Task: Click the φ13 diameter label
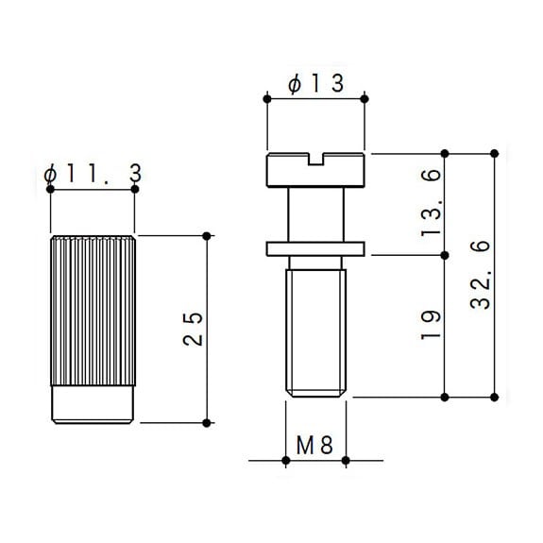pos(315,83)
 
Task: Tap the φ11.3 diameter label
pos(93,173)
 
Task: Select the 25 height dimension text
pos(193,329)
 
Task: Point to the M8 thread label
pos(314,445)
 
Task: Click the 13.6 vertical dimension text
pos(432,203)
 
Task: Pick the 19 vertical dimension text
pos(432,325)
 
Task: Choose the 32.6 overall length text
pos(481,275)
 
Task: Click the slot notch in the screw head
pos(315,159)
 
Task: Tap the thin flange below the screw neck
pos(315,249)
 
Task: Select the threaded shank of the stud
pos(315,332)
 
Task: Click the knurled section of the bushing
pos(93,311)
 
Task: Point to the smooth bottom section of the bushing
pos(93,404)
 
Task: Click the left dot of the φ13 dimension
pos(267,99)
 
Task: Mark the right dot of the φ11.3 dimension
pos(135,190)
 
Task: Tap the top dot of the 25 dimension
pos(207,236)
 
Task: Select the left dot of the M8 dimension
pos(286,461)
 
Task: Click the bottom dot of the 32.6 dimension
pos(495,398)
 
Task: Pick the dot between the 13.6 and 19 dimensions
pos(445,256)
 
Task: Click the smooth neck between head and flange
pos(315,214)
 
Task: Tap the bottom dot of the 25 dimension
pos(207,423)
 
